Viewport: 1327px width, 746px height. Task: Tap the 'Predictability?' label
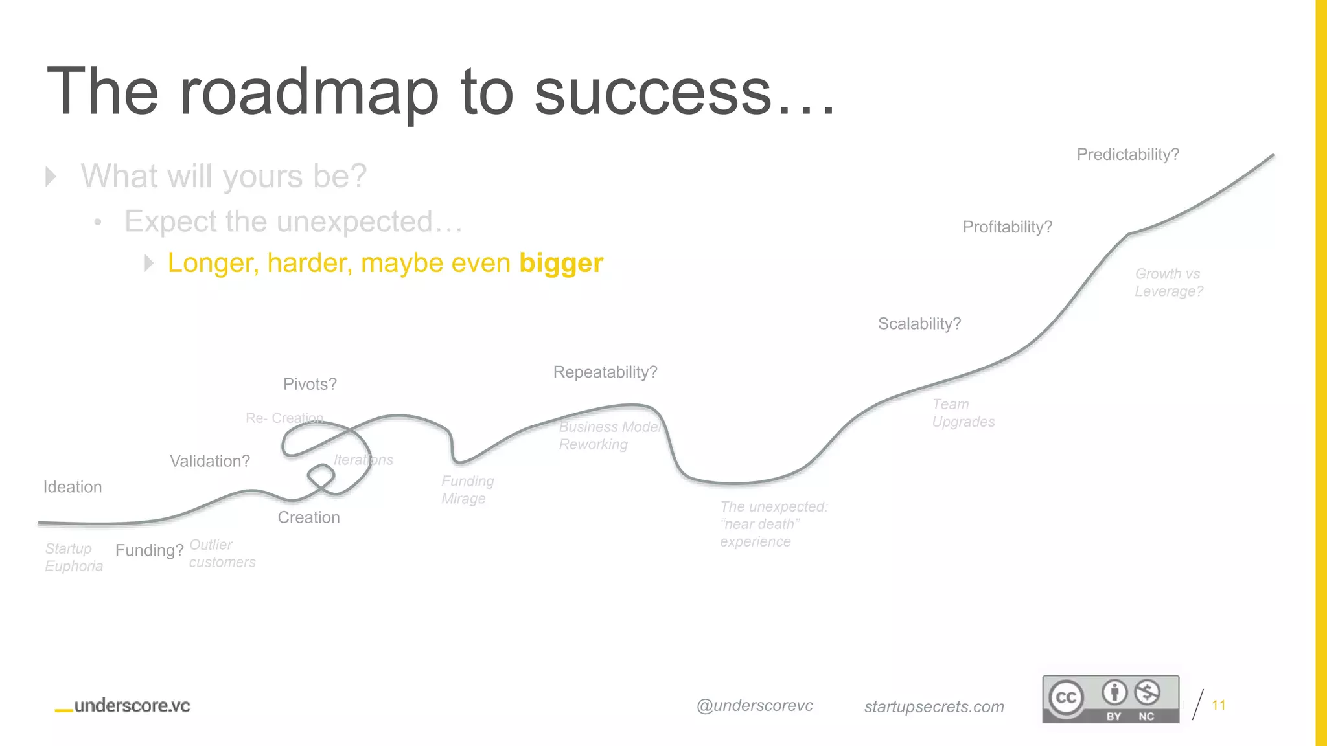1127,155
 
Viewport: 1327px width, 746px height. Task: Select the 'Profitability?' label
1007,227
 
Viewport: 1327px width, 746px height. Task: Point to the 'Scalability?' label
919,324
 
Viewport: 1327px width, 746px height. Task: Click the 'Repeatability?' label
605,372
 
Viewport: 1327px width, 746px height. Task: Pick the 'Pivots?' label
310,385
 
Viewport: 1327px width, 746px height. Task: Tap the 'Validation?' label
209,461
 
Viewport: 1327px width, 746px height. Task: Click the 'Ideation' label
73,487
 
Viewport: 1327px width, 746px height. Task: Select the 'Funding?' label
149,550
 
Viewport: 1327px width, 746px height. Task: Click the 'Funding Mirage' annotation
467,490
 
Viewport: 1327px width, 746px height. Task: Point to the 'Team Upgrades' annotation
963,413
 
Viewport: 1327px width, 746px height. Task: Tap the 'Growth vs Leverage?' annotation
1168,282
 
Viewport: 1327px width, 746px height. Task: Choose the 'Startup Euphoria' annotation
73,557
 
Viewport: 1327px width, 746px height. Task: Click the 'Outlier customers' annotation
222,554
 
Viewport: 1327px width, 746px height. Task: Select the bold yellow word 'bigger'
561,263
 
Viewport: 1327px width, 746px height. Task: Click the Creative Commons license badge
1110,699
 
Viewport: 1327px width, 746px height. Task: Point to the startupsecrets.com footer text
934,706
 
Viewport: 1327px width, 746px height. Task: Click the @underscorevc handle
754,706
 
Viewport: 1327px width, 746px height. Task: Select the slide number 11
1218,705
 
